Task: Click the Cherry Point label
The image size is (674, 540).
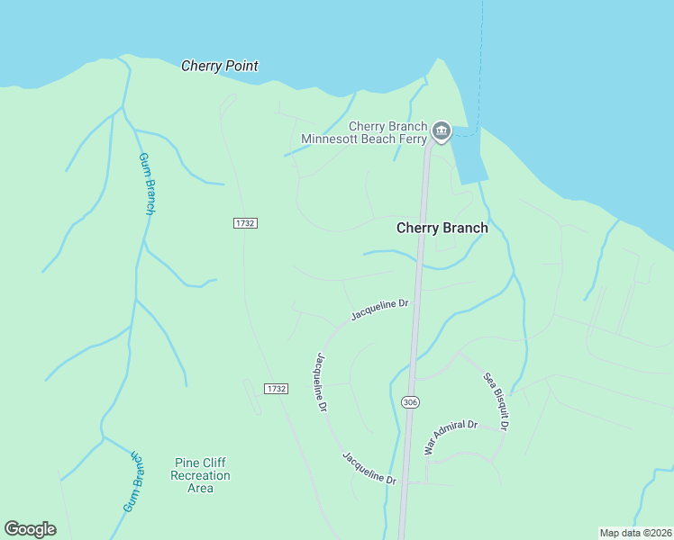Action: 220,66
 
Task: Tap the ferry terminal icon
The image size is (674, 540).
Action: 442,132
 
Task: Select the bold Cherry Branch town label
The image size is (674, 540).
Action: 442,228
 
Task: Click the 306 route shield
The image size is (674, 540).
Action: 410,401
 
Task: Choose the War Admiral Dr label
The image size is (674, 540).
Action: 450,436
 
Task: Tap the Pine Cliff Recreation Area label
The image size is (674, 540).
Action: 200,475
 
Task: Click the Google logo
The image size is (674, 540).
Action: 30,529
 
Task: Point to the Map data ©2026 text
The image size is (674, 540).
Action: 635,533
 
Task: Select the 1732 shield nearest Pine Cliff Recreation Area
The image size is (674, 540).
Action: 277,388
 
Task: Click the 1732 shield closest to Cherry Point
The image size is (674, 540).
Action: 245,222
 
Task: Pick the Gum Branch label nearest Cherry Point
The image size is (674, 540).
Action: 148,184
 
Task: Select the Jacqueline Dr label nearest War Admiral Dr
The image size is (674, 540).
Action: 369,468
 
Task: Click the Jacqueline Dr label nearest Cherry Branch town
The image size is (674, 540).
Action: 379,310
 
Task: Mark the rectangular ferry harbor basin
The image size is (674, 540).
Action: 469,160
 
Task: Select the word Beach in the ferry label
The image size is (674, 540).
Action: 384,139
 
